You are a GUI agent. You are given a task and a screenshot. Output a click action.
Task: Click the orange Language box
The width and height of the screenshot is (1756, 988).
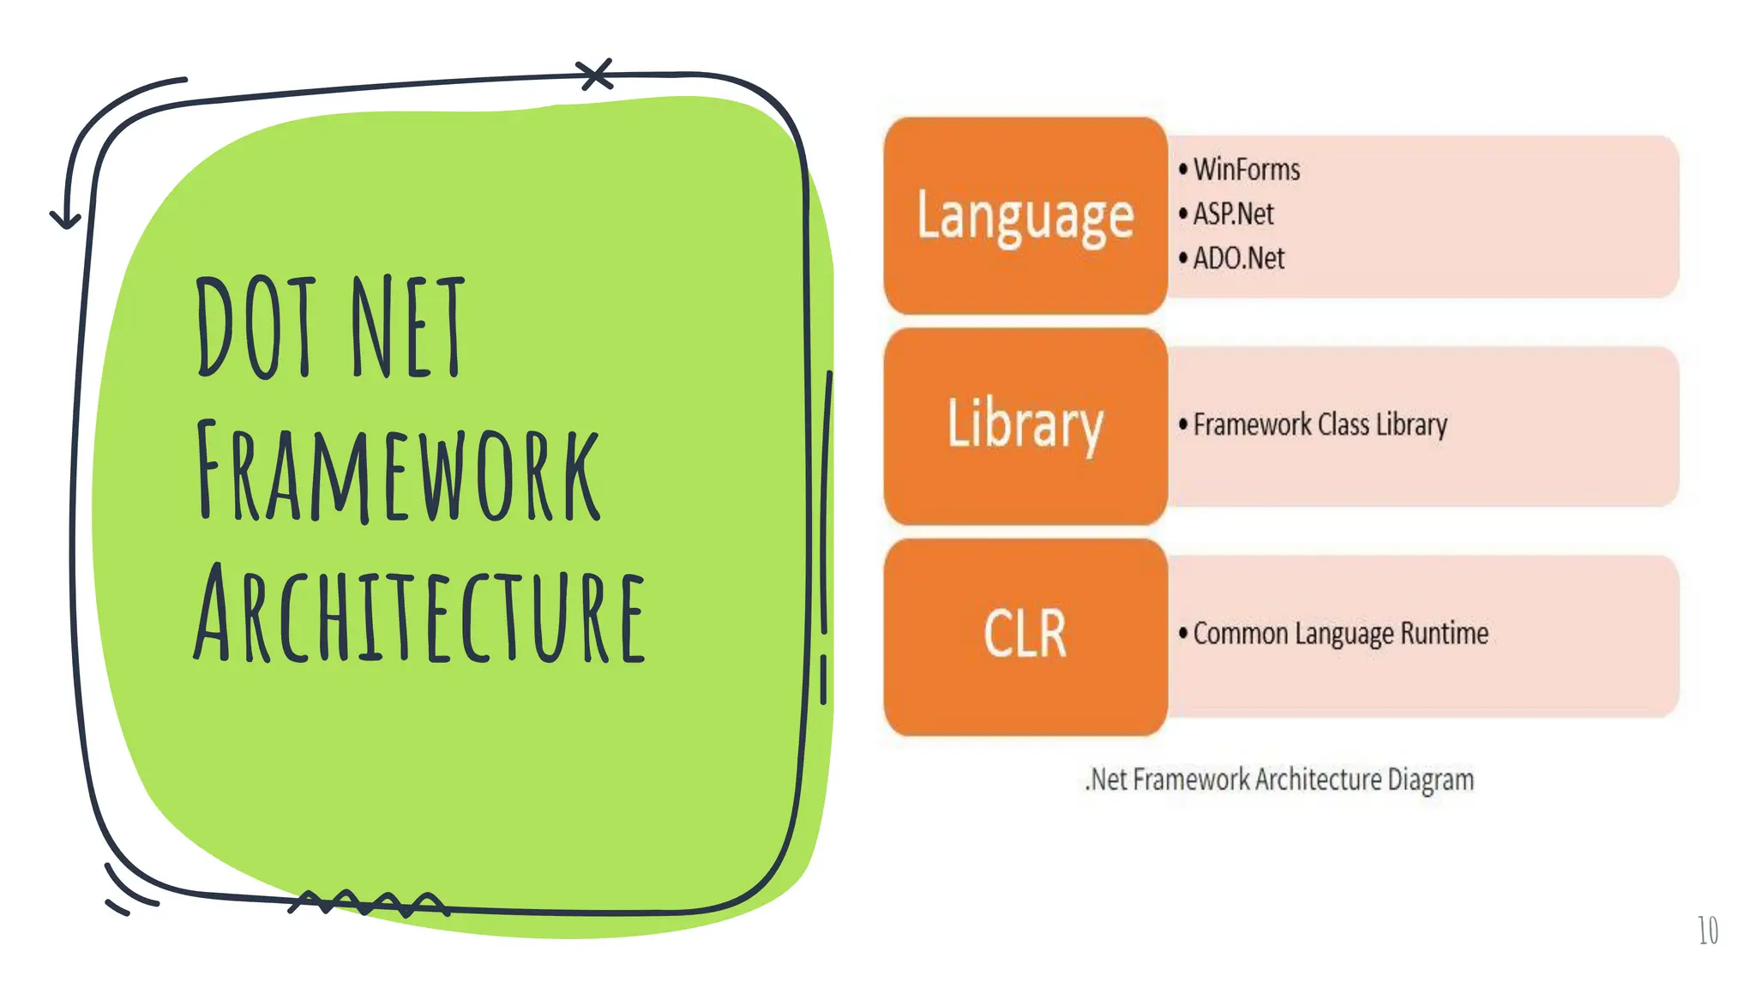[x=1025, y=215]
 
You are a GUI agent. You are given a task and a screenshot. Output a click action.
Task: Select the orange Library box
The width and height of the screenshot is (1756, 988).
[x=1025, y=425]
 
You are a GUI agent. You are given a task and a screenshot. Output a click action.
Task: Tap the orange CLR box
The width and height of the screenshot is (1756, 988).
[x=1025, y=636]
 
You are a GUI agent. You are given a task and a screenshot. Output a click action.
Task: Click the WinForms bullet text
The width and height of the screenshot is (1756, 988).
[x=1246, y=170]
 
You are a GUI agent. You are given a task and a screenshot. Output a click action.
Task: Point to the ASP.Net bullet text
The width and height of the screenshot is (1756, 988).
[x=1233, y=214]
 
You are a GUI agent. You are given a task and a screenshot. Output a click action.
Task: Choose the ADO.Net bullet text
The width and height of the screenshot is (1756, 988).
[x=1238, y=258]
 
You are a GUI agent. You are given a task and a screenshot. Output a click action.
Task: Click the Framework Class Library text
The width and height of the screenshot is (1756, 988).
[x=1320, y=425]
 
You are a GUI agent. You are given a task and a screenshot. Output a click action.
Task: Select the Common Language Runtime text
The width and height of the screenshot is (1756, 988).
[x=1340, y=634]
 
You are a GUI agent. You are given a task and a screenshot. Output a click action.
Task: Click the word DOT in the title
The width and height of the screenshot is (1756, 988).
[x=255, y=328]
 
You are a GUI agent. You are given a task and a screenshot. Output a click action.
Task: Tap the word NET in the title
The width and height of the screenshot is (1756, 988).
[x=408, y=328]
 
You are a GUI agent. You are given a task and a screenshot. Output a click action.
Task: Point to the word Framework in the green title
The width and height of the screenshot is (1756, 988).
[x=398, y=472]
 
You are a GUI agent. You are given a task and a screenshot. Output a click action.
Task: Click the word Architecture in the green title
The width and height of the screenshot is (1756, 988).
[x=419, y=615]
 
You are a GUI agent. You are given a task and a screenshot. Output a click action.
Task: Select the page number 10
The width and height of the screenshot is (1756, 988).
[x=1707, y=931]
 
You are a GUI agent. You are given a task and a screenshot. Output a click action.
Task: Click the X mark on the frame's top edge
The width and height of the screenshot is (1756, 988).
[x=595, y=75]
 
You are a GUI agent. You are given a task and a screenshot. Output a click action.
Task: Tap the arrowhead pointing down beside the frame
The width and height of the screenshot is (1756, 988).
[x=65, y=220]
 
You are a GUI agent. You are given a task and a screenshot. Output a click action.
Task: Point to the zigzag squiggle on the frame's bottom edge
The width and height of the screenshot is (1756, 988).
[x=369, y=903]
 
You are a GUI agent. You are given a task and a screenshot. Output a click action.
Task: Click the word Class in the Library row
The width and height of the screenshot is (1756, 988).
[x=1343, y=425]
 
